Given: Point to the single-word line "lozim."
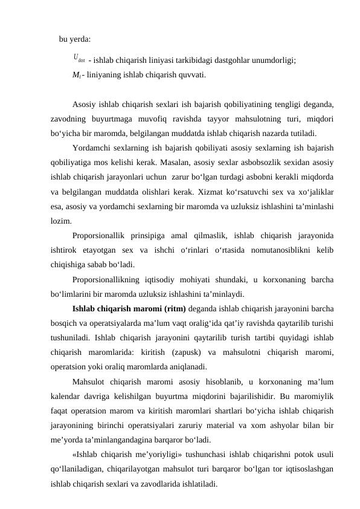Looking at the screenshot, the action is [62, 221].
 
